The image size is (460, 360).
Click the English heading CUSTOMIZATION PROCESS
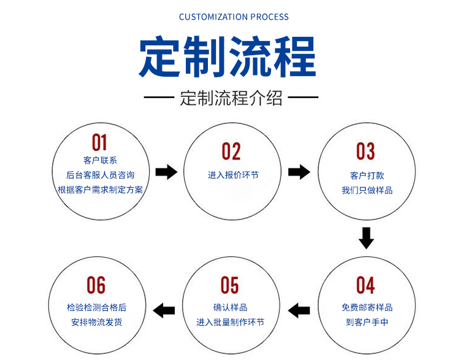tap(234, 17)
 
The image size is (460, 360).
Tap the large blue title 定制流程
tap(228, 56)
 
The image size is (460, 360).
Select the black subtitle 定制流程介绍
tap(231, 98)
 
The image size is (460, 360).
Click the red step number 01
tap(99, 143)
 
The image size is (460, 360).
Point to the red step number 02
tap(231, 151)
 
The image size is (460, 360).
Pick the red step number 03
tap(366, 151)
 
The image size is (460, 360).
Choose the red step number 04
tap(366, 285)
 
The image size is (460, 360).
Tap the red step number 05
tap(230, 285)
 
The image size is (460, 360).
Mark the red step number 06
tap(96, 285)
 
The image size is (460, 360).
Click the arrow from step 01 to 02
tap(166, 172)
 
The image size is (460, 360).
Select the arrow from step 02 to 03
tap(299, 172)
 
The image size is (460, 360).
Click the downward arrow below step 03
tap(366, 238)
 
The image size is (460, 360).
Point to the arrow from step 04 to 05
tap(299, 310)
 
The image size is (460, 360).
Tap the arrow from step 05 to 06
tap(164, 310)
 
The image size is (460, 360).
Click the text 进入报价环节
tap(233, 175)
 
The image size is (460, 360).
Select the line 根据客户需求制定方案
tap(101, 190)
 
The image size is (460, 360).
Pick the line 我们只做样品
tap(367, 190)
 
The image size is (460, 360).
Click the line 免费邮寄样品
tap(367, 307)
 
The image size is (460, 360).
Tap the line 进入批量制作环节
tap(230, 322)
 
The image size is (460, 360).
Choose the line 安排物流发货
tap(96, 322)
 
